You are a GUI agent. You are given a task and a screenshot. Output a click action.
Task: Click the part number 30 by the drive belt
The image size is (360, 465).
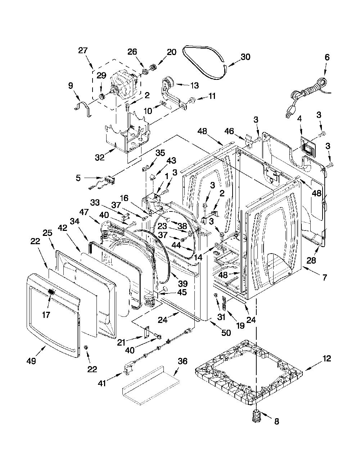pos(246,57)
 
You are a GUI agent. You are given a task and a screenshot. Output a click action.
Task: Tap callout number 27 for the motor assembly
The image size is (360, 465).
pos(83,50)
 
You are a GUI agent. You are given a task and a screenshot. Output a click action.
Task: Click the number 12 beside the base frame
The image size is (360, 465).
pos(327,359)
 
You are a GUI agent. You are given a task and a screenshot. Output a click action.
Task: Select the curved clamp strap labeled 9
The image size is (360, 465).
pos(84,109)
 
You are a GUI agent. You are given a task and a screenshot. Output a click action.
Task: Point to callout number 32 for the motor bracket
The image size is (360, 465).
pos(100,157)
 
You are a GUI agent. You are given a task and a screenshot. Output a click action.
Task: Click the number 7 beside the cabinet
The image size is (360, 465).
pos(325,277)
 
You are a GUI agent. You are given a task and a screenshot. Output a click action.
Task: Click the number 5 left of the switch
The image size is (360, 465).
pos(78,178)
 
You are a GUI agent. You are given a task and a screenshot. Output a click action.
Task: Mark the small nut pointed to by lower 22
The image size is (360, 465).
pos(86,347)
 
